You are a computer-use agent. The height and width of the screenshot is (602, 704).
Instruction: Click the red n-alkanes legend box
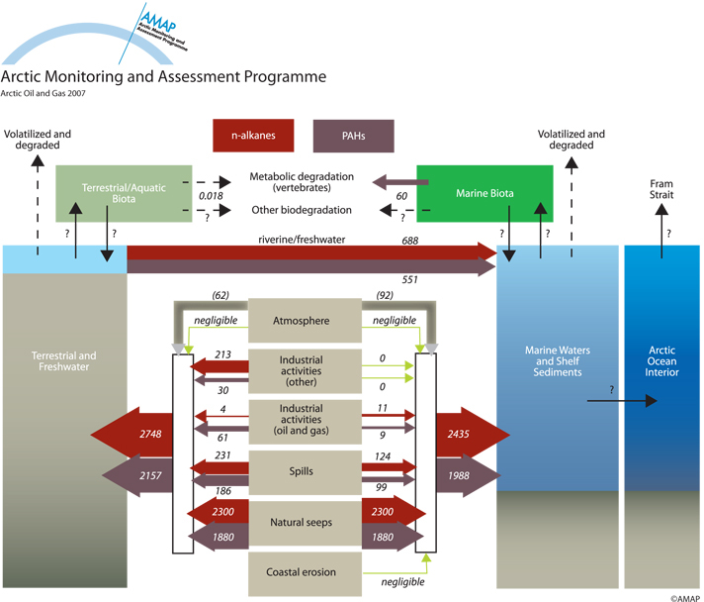point(253,136)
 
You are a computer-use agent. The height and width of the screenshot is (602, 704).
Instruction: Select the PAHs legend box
point(354,136)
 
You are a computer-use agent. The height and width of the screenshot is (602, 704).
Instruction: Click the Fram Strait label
point(661,190)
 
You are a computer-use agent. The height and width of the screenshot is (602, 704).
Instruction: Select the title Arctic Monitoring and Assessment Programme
point(163,76)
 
